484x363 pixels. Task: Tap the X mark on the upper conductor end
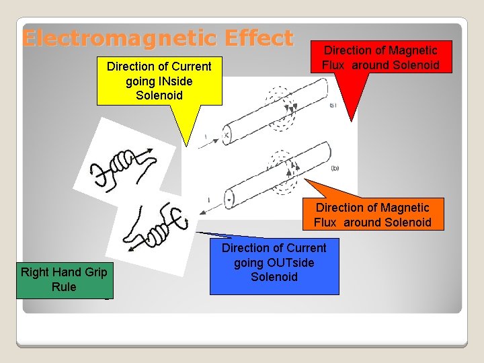tap(227, 134)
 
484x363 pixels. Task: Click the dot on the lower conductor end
tap(230, 200)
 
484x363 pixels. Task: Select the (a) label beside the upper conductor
tap(332, 105)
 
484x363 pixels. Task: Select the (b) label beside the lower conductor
tap(334, 167)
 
